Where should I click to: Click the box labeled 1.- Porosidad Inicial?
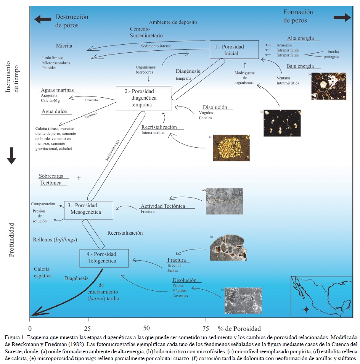click(234, 50)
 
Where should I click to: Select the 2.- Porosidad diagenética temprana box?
click(138, 98)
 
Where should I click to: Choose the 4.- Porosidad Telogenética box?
click(103, 258)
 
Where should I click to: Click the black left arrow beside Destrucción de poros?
click(42, 19)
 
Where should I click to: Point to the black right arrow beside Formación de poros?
click(342, 17)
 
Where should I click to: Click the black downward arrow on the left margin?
click(11, 155)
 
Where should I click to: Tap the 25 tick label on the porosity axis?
click(88, 329)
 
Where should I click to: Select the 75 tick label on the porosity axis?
click(205, 329)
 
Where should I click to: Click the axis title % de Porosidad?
click(239, 329)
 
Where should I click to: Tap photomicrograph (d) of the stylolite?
click(224, 201)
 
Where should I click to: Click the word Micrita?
click(64, 46)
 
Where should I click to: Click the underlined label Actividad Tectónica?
click(162, 206)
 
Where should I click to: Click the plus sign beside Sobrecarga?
click(79, 177)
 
